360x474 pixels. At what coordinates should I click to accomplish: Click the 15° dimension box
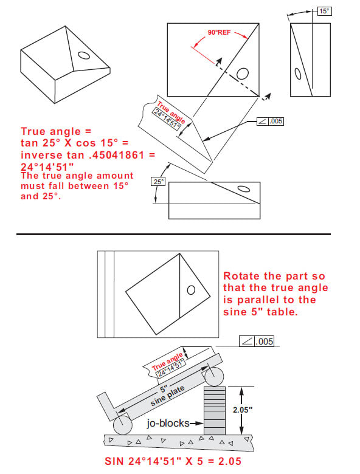pyautogui.click(x=325, y=11)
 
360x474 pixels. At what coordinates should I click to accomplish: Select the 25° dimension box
pyautogui.click(x=158, y=181)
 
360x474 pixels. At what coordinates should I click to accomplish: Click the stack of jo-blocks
pyautogui.click(x=215, y=409)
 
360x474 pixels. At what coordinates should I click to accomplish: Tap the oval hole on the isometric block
pyautogui.click(x=84, y=55)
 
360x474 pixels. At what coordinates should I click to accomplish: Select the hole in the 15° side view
pyautogui.click(x=298, y=74)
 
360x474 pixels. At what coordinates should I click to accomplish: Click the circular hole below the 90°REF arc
pyautogui.click(x=242, y=74)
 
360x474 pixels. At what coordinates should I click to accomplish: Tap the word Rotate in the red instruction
pyautogui.click(x=242, y=275)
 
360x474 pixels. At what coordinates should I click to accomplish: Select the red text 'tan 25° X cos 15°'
pyautogui.click(x=71, y=143)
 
